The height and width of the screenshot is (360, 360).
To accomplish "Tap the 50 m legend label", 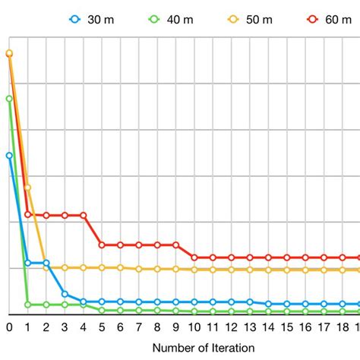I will tap(249, 20).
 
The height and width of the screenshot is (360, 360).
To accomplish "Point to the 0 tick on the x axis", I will tap(9, 327).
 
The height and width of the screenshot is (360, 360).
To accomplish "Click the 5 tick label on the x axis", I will tap(102, 327).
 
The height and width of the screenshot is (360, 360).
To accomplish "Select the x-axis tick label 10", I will tap(194, 327).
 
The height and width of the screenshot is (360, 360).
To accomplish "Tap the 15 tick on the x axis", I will tap(287, 327).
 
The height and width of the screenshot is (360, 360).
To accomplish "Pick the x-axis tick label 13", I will tap(250, 327).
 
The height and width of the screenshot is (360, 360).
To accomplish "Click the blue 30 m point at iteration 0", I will tap(9, 155).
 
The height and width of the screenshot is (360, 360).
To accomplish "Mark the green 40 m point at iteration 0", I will tap(9, 99).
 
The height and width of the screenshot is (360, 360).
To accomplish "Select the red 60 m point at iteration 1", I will tap(28, 214).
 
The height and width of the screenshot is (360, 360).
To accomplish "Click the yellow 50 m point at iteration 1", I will tap(28, 188).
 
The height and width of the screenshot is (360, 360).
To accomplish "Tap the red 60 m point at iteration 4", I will tap(84, 215).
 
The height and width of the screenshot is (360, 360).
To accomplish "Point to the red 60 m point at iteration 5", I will tap(102, 245).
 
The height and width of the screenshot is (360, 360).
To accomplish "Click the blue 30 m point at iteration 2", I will tap(46, 263).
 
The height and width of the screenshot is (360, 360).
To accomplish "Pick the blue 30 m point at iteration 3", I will tap(65, 294).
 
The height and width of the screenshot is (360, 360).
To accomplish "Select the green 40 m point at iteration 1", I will tap(28, 305).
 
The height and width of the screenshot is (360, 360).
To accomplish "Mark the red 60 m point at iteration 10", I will tap(194, 257).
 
